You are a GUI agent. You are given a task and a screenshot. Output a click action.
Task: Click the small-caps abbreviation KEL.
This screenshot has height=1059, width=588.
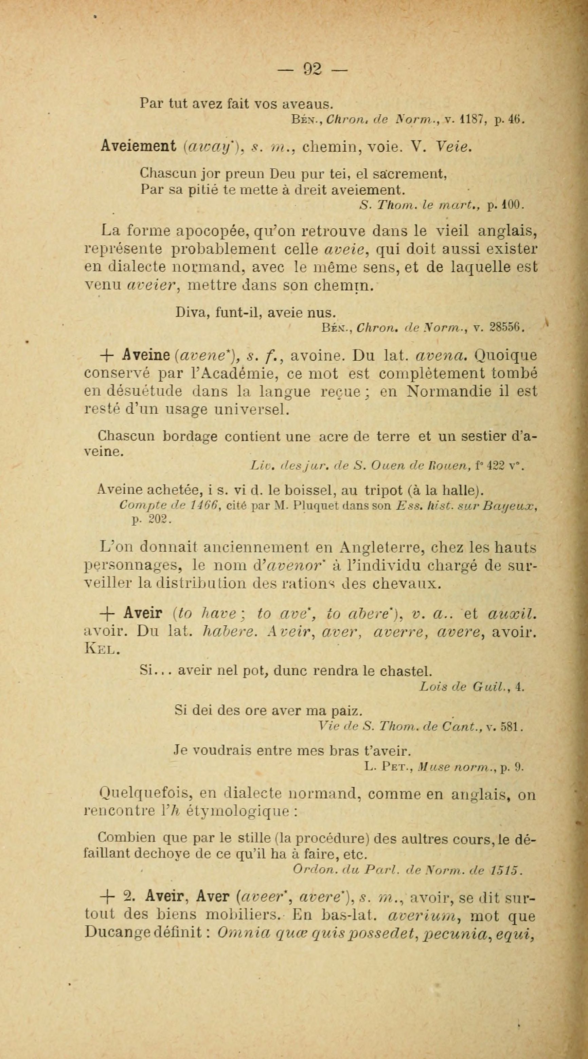click(x=102, y=649)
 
